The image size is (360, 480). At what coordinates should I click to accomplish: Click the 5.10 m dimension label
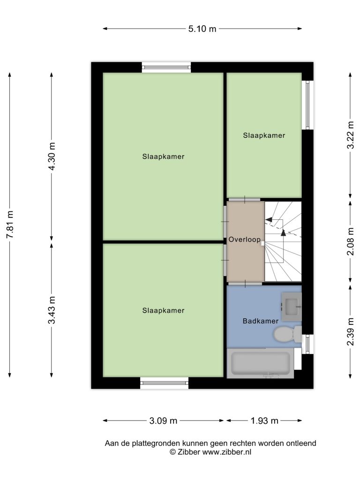click(x=202, y=29)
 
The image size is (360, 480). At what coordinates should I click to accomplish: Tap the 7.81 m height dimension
click(x=10, y=225)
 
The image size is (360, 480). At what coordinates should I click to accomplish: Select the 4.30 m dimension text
click(x=52, y=157)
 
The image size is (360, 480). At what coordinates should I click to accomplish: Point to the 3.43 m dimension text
click(x=52, y=310)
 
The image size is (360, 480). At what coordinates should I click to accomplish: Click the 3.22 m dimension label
click(x=351, y=135)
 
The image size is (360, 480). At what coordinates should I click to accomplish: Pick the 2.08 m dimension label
click(x=351, y=241)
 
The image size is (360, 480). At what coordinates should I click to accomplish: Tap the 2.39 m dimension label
click(x=351, y=331)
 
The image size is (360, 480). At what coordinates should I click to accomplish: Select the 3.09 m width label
click(x=163, y=420)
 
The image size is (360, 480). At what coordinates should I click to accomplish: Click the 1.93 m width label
click(x=264, y=420)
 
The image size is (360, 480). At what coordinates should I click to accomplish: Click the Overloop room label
click(x=245, y=240)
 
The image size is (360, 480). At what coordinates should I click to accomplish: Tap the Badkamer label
click(x=261, y=321)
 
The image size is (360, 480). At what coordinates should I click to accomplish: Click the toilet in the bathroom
click(x=287, y=334)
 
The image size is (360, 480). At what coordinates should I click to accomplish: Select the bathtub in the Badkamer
click(x=261, y=363)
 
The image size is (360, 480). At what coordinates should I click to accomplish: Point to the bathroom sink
click(x=292, y=307)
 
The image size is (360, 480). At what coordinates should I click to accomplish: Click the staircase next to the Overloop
click(x=283, y=241)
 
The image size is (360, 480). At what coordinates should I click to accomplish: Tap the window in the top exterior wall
click(x=166, y=67)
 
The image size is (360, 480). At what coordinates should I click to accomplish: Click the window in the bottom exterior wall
click(x=165, y=382)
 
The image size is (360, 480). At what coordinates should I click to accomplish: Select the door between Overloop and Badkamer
click(x=246, y=284)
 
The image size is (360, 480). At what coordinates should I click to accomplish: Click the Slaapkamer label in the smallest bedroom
click(x=264, y=135)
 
